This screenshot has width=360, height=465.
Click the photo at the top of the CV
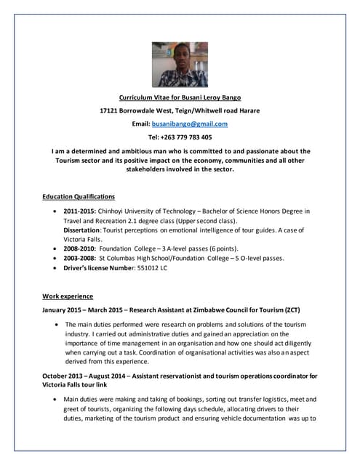click(x=179, y=64)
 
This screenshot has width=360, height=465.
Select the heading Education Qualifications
click(x=78, y=197)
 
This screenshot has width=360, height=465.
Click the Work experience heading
click(x=68, y=296)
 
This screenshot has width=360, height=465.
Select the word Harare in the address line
click(x=244, y=110)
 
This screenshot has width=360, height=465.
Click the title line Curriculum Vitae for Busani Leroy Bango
click(x=179, y=97)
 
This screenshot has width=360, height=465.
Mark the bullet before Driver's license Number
click(x=56, y=267)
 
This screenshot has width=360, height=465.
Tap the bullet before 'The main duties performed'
click(x=56, y=324)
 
